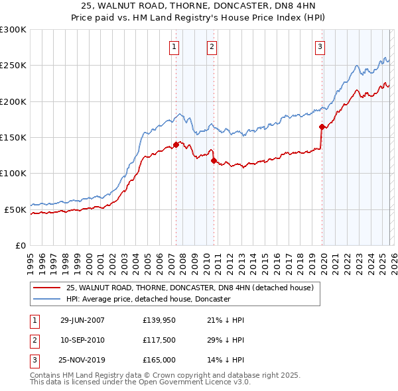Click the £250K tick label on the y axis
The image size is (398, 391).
click(x=13, y=66)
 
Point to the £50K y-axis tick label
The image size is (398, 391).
click(x=15, y=209)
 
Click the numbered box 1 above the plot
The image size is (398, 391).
click(x=174, y=46)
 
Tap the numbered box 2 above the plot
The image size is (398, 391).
click(x=211, y=46)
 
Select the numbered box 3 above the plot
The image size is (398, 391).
click(x=320, y=46)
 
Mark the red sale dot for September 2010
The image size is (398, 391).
click(x=214, y=160)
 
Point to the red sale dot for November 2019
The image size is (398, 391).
click(x=322, y=127)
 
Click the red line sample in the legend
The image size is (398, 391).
click(x=46, y=288)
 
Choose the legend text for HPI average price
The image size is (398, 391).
click(x=148, y=299)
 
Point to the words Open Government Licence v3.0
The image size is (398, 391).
click(x=195, y=382)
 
